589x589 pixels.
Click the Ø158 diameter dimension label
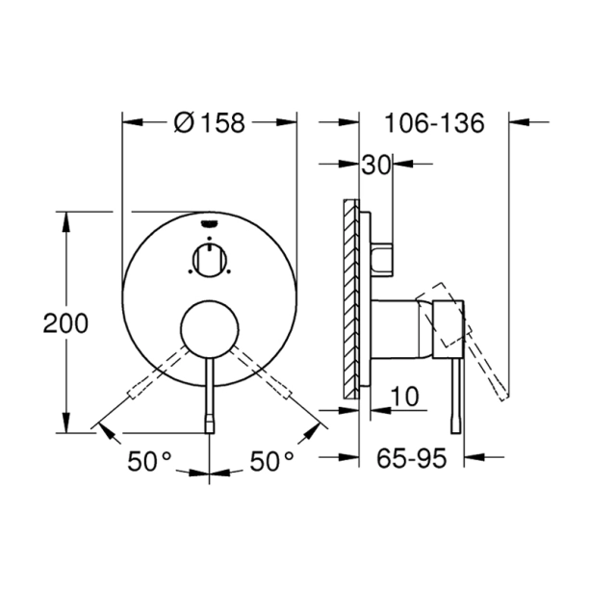point(211,122)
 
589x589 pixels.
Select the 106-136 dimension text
point(431,122)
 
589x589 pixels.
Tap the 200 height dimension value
point(65,322)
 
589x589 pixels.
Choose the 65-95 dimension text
point(412,459)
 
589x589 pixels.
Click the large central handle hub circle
point(210,328)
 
